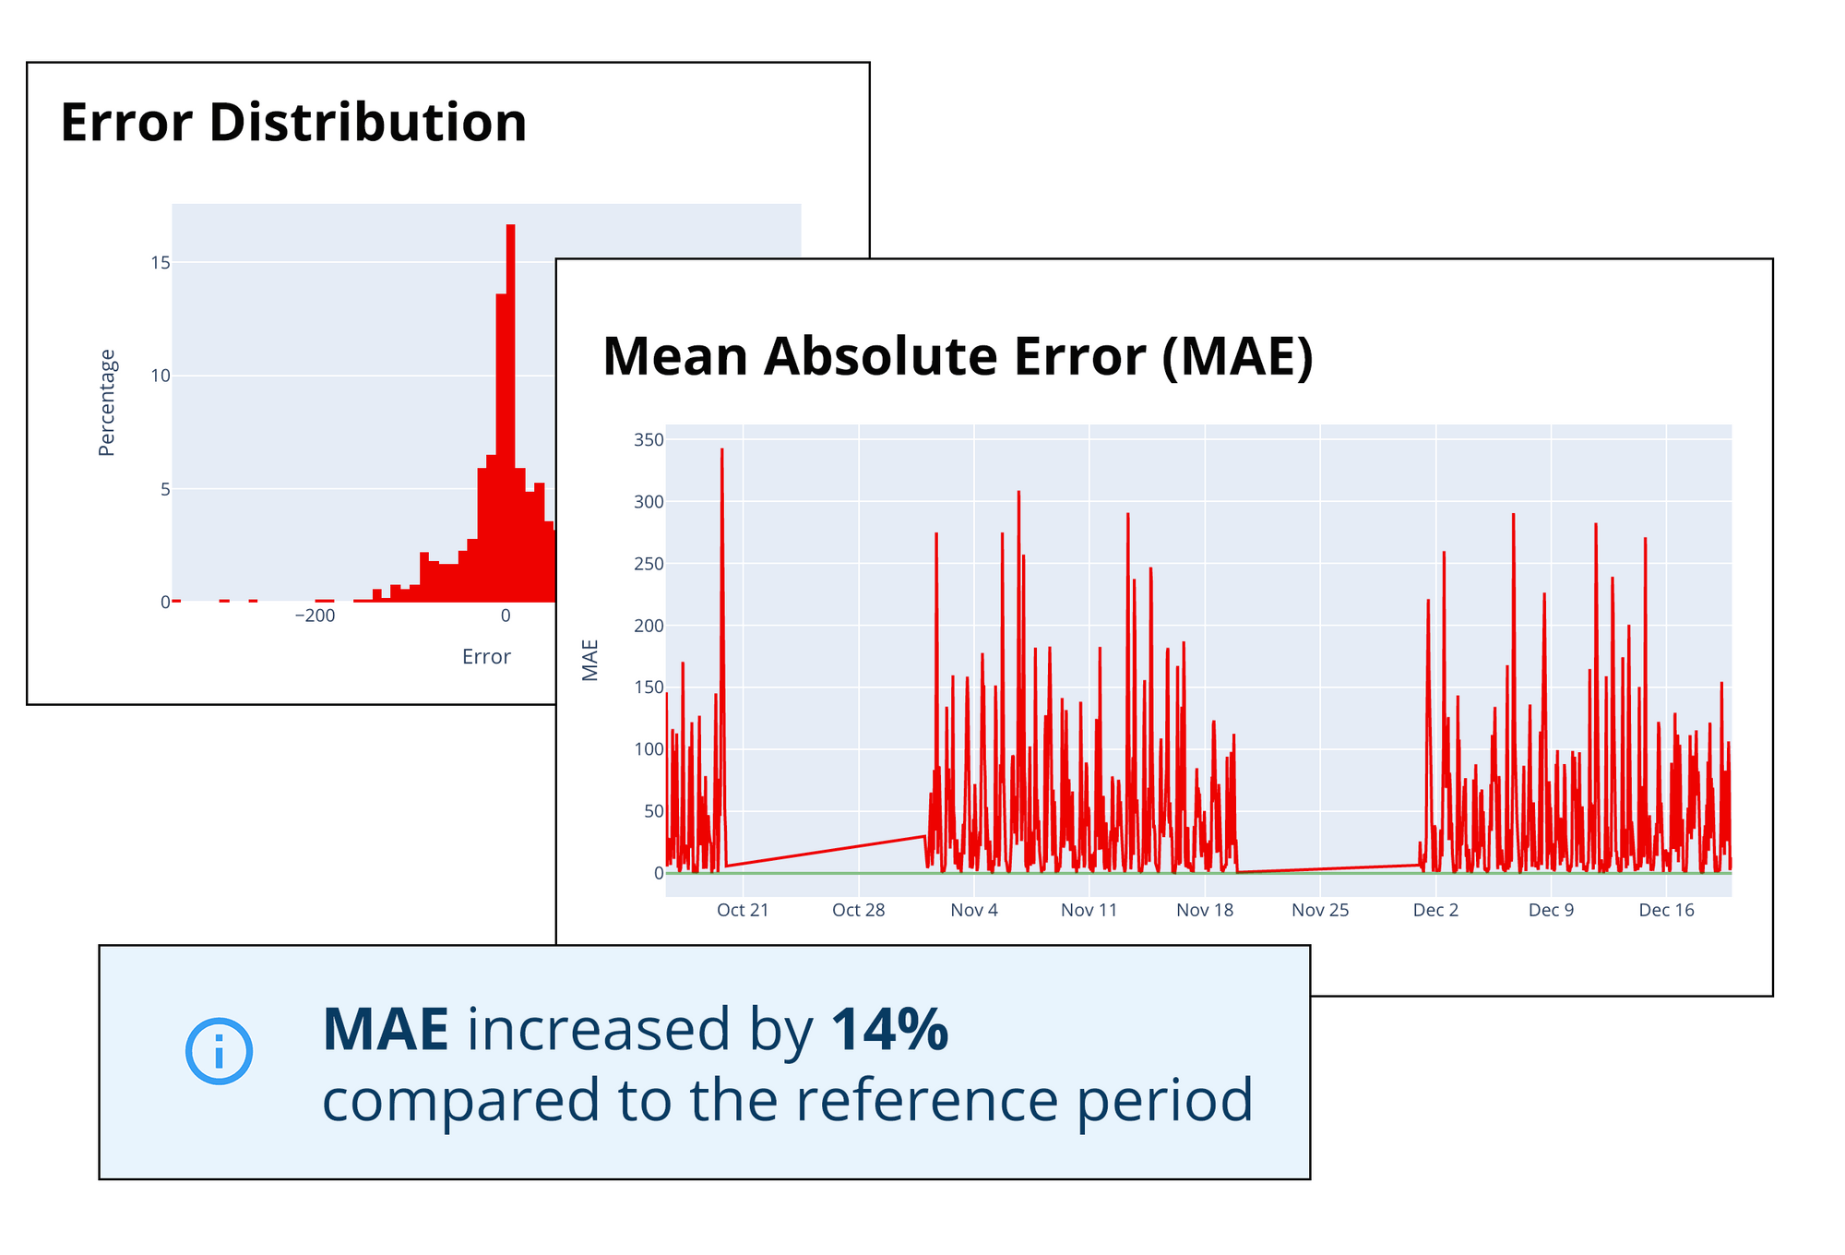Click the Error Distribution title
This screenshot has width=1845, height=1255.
293,123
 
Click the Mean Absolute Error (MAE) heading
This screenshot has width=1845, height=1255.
958,356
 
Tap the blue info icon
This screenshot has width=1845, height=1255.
219,1051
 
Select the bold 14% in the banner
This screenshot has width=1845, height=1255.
889,1030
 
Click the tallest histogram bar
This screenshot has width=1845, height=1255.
510,369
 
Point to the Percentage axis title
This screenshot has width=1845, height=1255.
107,402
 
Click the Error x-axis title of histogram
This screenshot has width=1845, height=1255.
486,657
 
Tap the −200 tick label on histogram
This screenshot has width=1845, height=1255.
315,616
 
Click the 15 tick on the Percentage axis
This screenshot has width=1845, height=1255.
161,263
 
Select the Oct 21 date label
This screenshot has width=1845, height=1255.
743,911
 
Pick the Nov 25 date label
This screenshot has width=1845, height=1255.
1320,911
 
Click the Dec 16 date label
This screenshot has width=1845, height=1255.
1666,911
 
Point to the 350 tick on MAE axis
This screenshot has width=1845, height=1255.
649,440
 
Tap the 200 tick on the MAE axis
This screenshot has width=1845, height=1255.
649,626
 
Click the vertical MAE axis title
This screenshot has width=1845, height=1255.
590,660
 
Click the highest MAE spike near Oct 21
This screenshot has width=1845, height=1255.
721,452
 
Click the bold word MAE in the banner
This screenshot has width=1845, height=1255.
386,1030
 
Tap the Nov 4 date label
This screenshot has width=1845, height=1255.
974,911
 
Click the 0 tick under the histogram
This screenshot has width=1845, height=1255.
506,616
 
